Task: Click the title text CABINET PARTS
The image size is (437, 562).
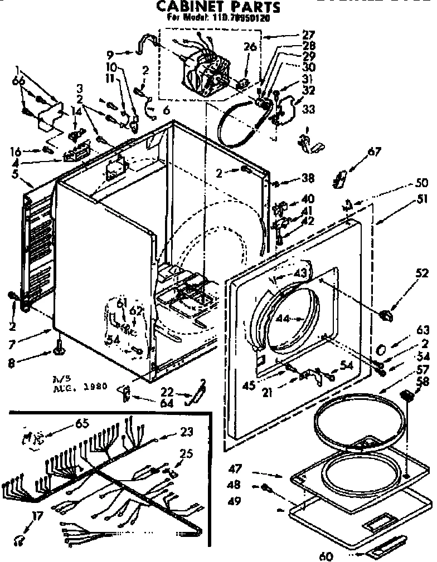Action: pyautogui.click(x=217, y=7)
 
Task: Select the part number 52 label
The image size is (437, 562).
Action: pyautogui.click(x=421, y=273)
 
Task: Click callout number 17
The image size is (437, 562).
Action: pyautogui.click(x=37, y=517)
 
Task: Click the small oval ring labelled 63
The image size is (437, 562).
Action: pyautogui.click(x=381, y=349)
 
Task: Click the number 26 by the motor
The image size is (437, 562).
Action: pyautogui.click(x=250, y=47)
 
